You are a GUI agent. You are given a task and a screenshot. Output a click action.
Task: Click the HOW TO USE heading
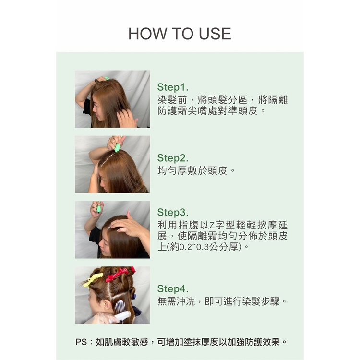point(180,34)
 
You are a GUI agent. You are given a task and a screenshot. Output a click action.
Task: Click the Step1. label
point(173,87)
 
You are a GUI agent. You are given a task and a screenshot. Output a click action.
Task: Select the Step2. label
point(173,158)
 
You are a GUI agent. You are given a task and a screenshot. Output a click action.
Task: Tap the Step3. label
point(173,213)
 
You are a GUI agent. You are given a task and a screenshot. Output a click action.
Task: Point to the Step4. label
point(173,289)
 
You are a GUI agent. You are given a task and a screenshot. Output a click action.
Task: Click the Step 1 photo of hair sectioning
point(112,99)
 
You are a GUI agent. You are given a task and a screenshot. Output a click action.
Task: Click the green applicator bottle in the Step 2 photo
point(118,147)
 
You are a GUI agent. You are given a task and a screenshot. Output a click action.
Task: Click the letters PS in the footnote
point(81,342)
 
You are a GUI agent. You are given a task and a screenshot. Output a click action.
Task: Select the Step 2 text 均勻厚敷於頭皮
point(192,171)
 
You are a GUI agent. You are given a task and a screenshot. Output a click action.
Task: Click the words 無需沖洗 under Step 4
point(176,301)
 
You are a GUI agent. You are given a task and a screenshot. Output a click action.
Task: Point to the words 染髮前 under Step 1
point(172,100)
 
